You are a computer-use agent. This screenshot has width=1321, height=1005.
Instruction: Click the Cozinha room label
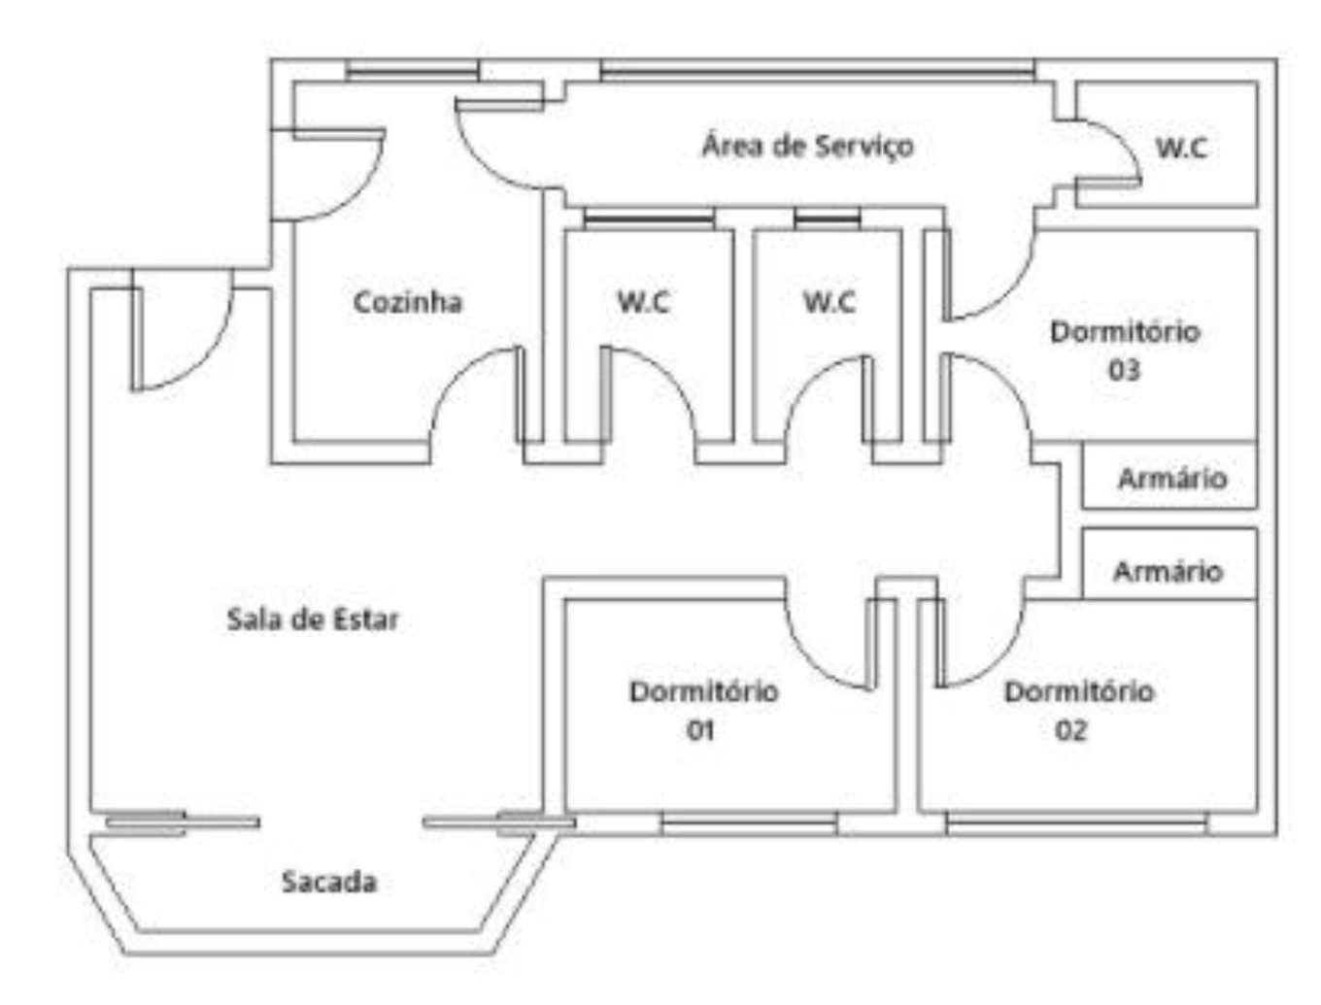pos(407,302)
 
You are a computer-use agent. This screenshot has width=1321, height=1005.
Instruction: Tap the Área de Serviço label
pos(807,146)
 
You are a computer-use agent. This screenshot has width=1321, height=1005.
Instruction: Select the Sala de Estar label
pos(313,619)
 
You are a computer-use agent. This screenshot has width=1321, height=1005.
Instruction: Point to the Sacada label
pos(329,882)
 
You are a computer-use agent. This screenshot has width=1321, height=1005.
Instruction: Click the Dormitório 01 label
pos(703,710)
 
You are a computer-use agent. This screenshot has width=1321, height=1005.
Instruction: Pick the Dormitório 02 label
pos(1078,710)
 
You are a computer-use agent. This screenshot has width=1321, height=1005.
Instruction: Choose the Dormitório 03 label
pos(1125,350)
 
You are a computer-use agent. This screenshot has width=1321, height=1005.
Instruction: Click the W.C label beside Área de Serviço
pos(1181,148)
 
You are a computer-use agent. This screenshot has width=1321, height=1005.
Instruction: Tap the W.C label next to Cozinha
pos(643,302)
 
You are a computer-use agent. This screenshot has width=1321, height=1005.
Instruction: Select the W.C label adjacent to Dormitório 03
pos(829,302)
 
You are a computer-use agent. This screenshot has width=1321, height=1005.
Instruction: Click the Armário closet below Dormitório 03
pos(1171,478)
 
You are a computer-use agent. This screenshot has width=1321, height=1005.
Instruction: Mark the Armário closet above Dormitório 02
pos(1168,571)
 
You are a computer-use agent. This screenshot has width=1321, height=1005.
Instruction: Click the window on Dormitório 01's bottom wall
pos(748,825)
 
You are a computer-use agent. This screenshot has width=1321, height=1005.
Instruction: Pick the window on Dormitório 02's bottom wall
pos(1076,825)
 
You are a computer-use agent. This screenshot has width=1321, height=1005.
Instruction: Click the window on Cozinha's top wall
pos(413,70)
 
